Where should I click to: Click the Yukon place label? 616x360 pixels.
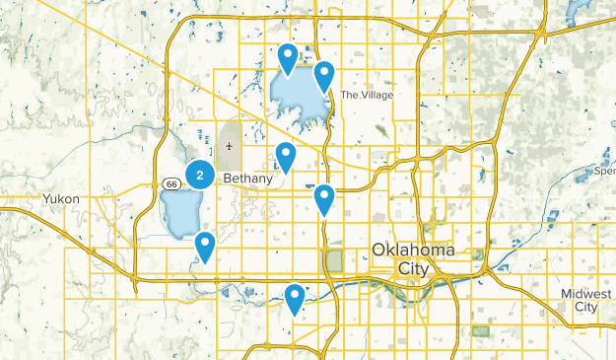(61, 198)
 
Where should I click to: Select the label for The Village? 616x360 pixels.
(367, 95)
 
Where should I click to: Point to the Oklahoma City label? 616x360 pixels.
(413, 258)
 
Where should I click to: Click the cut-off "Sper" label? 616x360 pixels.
(605, 171)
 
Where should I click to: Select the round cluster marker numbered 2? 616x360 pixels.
(200, 176)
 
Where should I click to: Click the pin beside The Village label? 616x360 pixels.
(323, 74)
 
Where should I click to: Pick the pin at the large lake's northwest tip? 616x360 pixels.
(288, 57)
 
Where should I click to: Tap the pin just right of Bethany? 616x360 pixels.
(286, 156)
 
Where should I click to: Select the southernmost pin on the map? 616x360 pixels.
(295, 297)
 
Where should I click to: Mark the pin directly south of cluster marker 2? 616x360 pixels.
(205, 245)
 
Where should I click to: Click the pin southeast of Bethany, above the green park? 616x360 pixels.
(324, 198)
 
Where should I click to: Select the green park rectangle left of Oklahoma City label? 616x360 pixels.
(333, 261)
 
